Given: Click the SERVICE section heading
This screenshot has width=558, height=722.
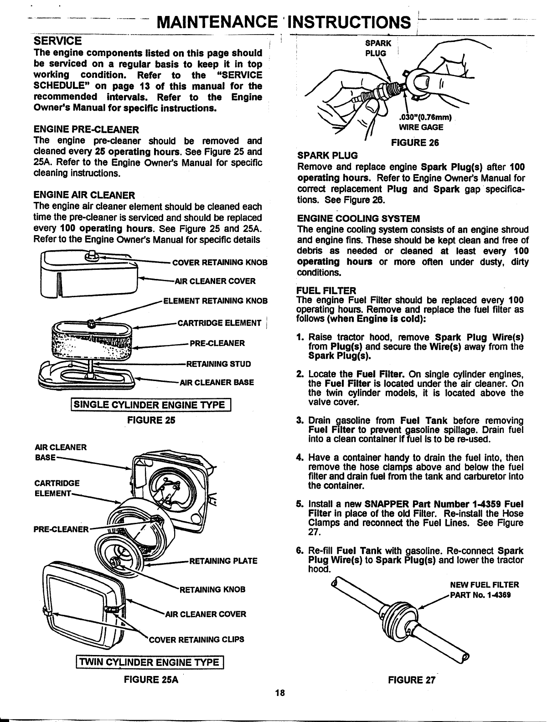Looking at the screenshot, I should pos(58,41).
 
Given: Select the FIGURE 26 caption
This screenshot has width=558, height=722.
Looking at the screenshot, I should pos(415,143).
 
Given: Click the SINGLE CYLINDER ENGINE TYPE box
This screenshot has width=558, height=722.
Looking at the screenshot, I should pos(150,405).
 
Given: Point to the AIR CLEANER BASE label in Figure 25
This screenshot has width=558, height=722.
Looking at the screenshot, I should pos(217,382).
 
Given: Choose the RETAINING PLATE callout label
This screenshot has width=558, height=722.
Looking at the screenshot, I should pos(223,561).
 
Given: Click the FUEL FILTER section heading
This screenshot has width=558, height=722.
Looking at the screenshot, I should pos(326,290).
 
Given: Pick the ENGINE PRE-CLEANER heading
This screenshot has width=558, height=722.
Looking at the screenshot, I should pos(86,129).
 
